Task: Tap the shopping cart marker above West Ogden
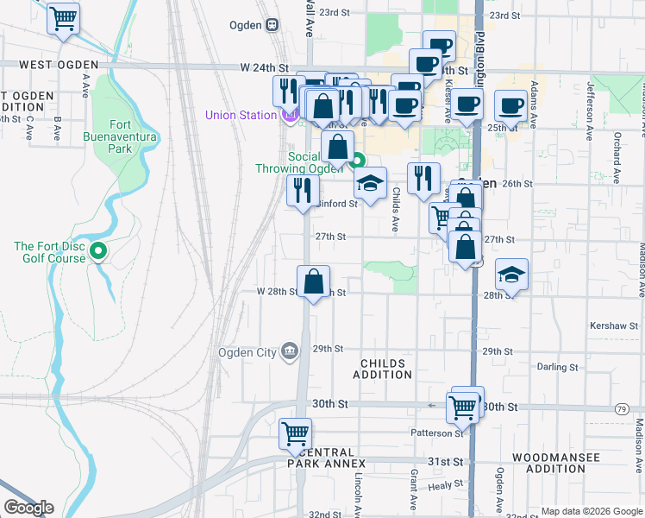tap(63, 18)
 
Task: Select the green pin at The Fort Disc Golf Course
tap(98, 252)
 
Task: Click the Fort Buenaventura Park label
tap(108, 136)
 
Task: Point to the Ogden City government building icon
tap(290, 351)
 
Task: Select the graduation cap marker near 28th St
tap(511, 275)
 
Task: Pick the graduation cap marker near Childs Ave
tap(370, 183)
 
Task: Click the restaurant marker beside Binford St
tap(302, 190)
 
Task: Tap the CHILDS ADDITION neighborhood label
tap(382, 369)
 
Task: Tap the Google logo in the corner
tap(28, 508)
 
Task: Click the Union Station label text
tap(236, 115)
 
